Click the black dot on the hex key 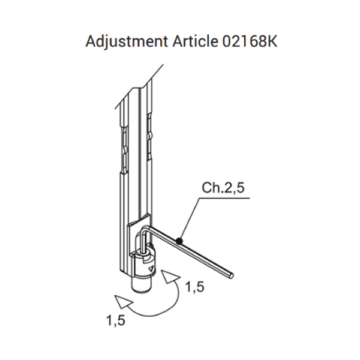[179, 241]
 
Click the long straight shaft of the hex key [198, 253]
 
